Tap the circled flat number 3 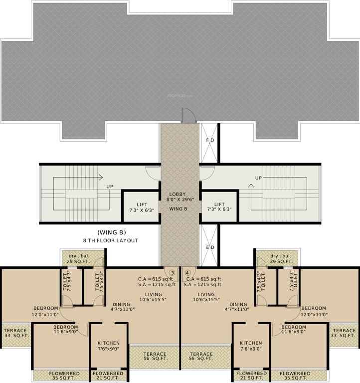172,273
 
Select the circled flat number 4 187,273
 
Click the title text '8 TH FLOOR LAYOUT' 111,240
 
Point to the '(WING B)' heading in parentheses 111,232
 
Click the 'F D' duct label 210,140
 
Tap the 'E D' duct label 210,247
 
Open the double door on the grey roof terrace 189,116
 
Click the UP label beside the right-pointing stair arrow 109,187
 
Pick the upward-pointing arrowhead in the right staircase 251,186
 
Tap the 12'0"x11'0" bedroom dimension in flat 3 45,315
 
